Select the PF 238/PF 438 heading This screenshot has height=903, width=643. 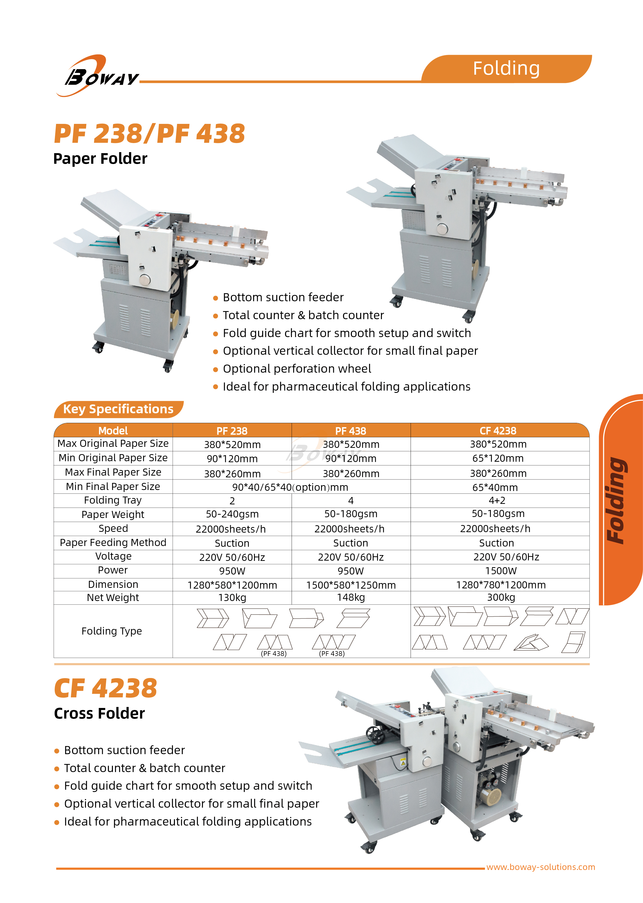149,133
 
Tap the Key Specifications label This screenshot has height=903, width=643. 118,409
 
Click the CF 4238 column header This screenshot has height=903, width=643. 498,431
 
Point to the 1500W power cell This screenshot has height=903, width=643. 501,570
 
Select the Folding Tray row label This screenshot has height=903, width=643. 113,500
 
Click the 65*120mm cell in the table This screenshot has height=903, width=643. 498,458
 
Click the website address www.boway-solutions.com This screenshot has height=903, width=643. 540,867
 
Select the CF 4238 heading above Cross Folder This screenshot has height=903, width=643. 105,688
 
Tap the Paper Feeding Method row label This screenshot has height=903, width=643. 113,542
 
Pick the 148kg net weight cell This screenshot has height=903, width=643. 351,597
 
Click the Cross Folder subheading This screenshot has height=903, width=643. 99,714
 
